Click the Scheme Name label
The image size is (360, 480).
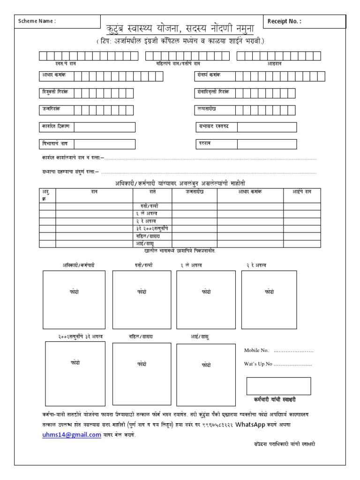37,21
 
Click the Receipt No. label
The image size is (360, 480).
285,21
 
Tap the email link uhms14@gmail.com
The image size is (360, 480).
71,435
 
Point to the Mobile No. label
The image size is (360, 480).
256,350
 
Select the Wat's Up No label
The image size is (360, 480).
258,364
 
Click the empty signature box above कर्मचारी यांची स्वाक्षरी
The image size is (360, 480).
278,386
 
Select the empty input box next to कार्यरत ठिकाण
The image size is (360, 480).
104,127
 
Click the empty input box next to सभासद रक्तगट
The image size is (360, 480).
266,127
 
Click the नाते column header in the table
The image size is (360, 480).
153,192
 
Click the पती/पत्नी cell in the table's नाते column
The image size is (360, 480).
153,206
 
